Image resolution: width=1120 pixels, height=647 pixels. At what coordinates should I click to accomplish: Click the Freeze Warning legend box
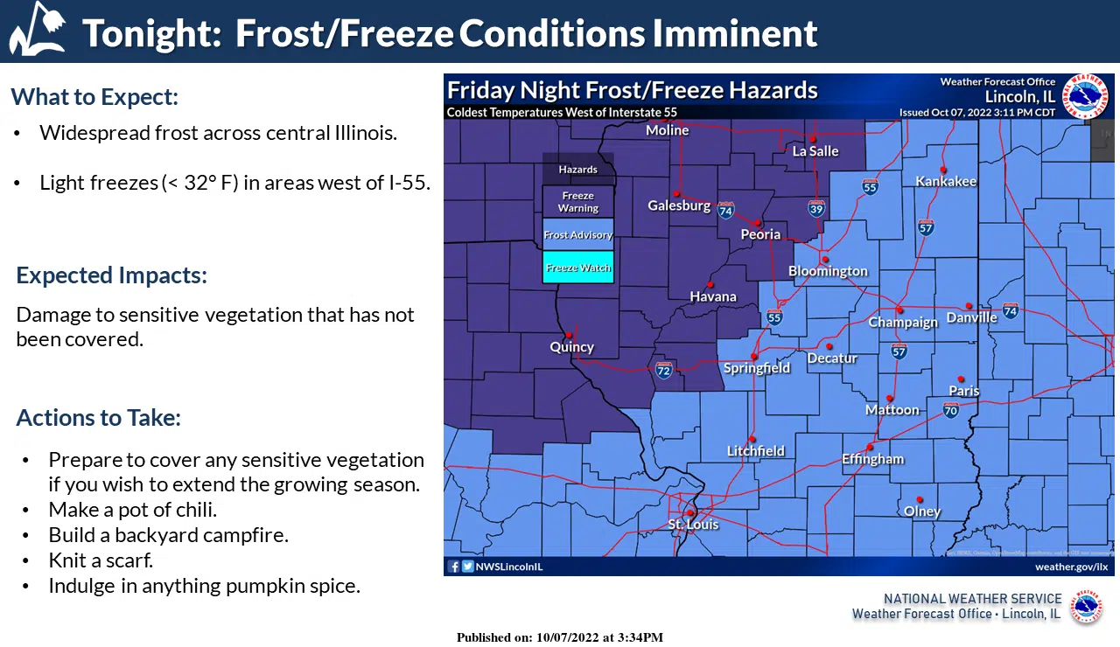point(577,202)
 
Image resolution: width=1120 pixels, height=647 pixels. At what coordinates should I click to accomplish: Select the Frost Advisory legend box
point(577,235)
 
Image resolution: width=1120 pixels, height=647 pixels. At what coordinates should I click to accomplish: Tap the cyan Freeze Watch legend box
point(577,268)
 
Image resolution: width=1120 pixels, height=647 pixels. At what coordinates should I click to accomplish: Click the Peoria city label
point(760,234)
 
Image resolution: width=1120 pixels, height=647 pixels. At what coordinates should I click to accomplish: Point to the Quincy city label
point(571,347)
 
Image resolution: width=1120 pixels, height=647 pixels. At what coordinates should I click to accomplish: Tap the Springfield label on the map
point(757,368)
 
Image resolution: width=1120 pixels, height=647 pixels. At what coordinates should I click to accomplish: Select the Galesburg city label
point(679,205)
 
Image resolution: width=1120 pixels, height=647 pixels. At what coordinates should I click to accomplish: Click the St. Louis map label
point(693,525)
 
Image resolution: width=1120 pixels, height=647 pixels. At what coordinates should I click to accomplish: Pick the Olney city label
point(922,511)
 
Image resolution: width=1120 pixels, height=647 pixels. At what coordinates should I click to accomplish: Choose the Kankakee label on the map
point(946,181)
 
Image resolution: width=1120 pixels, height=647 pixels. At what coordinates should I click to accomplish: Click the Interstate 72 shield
point(664,371)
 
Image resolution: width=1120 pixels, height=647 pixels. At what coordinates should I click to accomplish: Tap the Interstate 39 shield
point(816,208)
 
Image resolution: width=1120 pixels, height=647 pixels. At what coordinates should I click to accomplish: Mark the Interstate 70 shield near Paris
point(951,409)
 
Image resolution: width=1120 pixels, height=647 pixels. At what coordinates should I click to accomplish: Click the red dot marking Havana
point(710,284)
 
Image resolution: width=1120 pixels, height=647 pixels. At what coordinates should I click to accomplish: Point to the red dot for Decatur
point(829,346)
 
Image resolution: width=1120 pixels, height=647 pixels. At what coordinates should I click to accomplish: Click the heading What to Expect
point(94,96)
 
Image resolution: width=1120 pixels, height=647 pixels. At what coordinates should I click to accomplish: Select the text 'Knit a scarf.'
point(101,560)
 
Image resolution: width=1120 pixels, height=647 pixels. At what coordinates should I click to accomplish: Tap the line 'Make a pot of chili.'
point(132,510)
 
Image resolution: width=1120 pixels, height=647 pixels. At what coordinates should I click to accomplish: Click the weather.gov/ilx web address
point(1071,567)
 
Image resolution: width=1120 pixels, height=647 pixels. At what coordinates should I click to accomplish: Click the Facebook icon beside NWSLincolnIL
point(454,567)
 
